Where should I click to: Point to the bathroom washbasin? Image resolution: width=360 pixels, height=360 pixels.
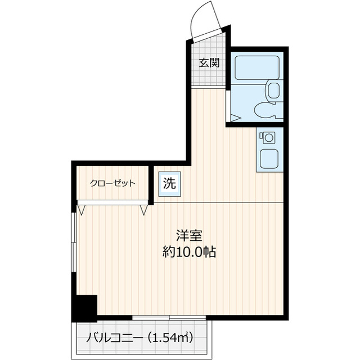(x=273, y=90)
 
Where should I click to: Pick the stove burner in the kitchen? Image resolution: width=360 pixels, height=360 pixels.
(x=267, y=137)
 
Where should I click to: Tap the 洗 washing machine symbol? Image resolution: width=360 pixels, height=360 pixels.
(x=169, y=183)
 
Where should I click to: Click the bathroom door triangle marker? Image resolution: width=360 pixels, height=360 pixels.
(x=235, y=118)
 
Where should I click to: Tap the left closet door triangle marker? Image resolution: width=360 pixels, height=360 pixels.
(x=83, y=210)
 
